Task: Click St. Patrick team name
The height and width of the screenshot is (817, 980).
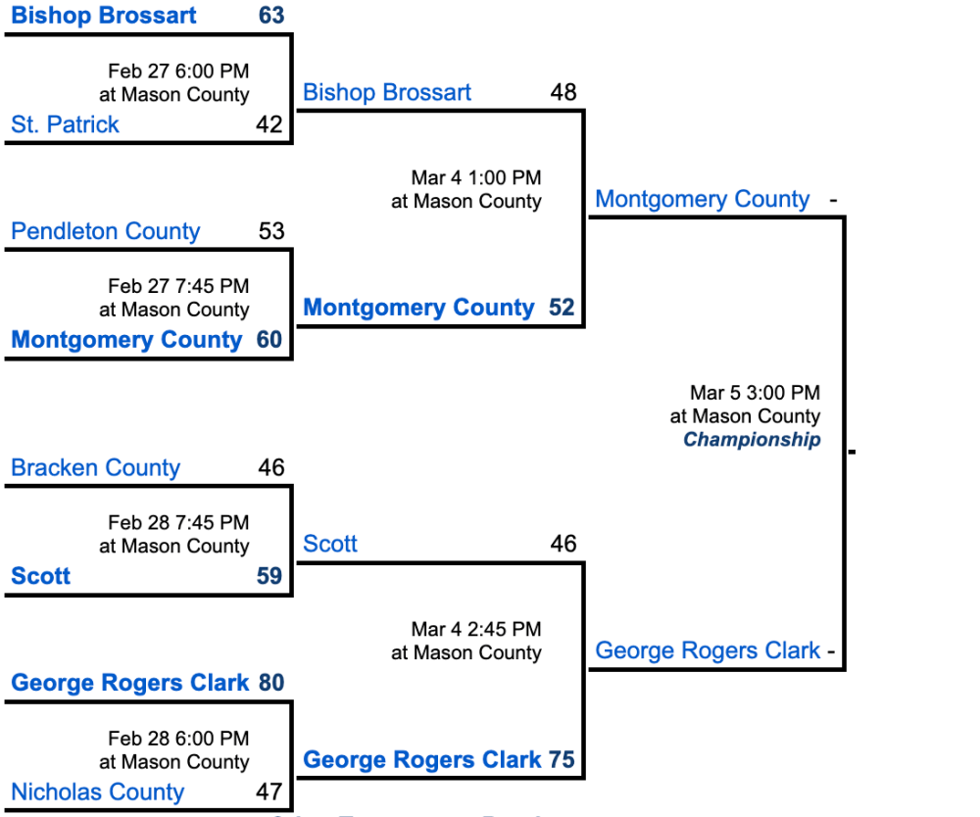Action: (65, 124)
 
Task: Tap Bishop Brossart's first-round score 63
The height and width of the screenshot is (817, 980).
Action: (271, 16)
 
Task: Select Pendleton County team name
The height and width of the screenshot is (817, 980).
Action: (105, 231)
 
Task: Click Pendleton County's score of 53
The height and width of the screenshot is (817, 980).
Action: (271, 231)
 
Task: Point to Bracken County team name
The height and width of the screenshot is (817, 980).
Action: (95, 467)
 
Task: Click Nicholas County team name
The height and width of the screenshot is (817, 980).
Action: (97, 792)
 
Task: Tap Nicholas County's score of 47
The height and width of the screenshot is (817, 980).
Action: (269, 792)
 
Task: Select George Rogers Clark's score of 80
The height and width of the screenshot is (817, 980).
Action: (271, 683)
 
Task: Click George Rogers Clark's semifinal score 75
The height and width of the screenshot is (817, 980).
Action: (562, 759)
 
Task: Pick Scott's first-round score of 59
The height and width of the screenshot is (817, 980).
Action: (269, 575)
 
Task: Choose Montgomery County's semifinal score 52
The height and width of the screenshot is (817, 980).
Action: (562, 308)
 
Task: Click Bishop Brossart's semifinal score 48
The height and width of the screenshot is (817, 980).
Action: (563, 92)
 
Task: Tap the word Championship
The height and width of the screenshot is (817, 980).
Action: (752, 440)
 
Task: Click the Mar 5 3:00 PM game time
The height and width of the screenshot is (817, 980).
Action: (755, 393)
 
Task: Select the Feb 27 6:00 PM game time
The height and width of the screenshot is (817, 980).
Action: (178, 72)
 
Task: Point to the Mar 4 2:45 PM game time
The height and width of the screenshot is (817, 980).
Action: (476, 629)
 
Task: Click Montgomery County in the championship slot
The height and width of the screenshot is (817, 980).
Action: (702, 200)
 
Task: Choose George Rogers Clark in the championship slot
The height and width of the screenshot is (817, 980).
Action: (708, 650)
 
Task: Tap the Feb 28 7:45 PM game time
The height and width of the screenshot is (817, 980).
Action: (178, 522)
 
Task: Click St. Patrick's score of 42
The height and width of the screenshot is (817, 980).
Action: (269, 124)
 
